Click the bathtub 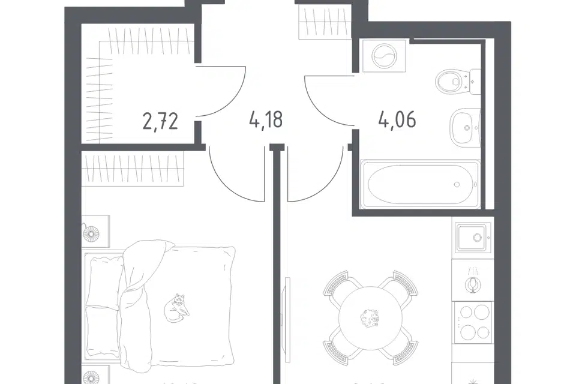[419, 184]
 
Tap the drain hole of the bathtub [457, 184]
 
